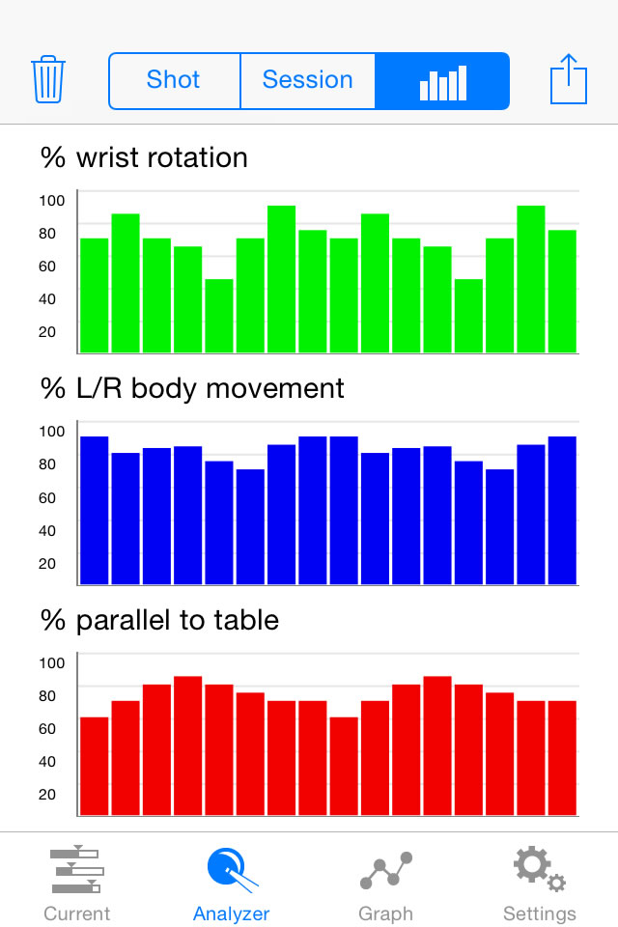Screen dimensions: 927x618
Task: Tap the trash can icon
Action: pyautogui.click(x=47, y=79)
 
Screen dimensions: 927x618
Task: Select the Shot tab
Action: pyautogui.click(x=174, y=79)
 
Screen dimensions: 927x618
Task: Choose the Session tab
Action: pyautogui.click(x=307, y=79)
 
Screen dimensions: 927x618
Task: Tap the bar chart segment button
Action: pyautogui.click(x=442, y=81)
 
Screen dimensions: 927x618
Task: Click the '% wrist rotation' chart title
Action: pyautogui.click(x=144, y=157)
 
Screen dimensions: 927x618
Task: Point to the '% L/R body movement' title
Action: pyautogui.click(x=192, y=388)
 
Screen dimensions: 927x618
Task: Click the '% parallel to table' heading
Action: pyautogui.click(x=159, y=619)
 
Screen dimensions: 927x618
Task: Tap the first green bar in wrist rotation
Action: pyautogui.click(x=94, y=295)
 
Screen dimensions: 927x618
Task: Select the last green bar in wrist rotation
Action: pyautogui.click(x=562, y=290)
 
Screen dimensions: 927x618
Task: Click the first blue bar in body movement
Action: pyautogui.click(x=94, y=510)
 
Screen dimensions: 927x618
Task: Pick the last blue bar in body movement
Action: pyautogui.click(x=562, y=510)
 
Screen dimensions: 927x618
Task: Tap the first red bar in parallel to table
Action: pyautogui.click(x=94, y=766)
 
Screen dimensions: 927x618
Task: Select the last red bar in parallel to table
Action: pyautogui.click(x=562, y=757)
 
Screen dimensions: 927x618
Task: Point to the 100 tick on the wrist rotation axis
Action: pyautogui.click(x=52, y=200)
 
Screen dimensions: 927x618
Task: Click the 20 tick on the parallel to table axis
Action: pyautogui.click(x=47, y=794)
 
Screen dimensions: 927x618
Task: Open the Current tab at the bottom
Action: pyautogui.click(x=77, y=883)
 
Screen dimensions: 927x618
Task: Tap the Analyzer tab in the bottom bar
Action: pyautogui.click(x=232, y=883)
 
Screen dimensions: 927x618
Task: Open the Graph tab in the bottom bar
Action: pyautogui.click(x=385, y=883)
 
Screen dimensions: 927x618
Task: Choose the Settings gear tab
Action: pyautogui.click(x=540, y=883)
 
